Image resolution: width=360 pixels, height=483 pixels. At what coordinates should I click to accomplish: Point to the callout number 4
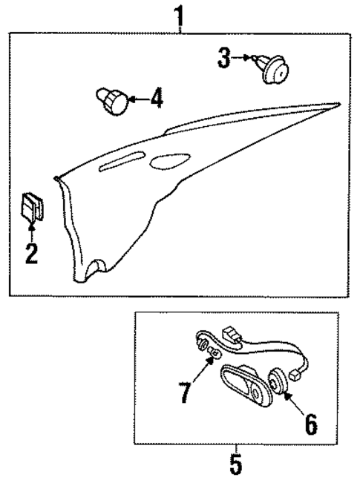point(156,99)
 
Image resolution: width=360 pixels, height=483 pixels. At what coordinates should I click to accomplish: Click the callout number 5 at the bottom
point(235,467)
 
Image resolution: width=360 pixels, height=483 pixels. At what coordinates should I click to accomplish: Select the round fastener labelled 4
point(111,102)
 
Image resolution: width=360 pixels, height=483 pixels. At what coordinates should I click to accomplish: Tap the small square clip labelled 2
point(31,206)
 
